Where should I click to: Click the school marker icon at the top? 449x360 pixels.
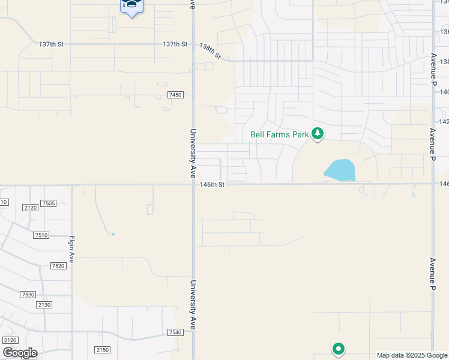pyautogui.click(x=131, y=6)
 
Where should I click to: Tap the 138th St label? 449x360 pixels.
pyautogui.click(x=210, y=50)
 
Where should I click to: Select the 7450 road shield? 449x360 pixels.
pyautogui.click(x=175, y=95)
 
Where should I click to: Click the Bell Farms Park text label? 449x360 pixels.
pyautogui.click(x=279, y=134)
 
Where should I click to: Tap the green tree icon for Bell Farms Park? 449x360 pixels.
pyautogui.click(x=318, y=134)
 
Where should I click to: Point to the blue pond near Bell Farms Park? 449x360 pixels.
pyautogui.click(x=340, y=170)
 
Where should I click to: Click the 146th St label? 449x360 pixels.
pyautogui.click(x=212, y=185)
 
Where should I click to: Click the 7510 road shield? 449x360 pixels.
pyautogui.click(x=41, y=235)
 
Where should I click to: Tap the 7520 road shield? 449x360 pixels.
pyautogui.click(x=58, y=266)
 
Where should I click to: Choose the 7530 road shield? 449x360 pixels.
pyautogui.click(x=28, y=295)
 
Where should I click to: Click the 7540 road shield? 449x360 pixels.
pyautogui.click(x=175, y=332)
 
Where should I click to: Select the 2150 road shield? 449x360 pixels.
pyautogui.click(x=102, y=350)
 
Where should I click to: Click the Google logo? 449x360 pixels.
pyautogui.click(x=19, y=353)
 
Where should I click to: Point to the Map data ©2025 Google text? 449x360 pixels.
pyautogui.click(x=412, y=355)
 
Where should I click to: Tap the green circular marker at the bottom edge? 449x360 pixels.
pyautogui.click(x=339, y=349)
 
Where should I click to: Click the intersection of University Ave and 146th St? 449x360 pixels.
pyautogui.click(x=193, y=184)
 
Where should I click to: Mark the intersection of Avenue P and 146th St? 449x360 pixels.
pyautogui.click(x=433, y=184)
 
